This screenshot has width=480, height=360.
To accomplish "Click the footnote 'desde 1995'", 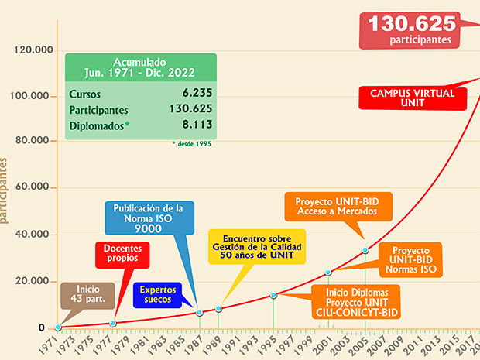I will (191, 143).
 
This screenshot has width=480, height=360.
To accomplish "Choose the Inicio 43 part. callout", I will (88, 293).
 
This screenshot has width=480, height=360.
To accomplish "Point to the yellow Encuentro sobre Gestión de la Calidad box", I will (257, 246).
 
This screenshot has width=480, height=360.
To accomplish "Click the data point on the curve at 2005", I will (365, 250).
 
